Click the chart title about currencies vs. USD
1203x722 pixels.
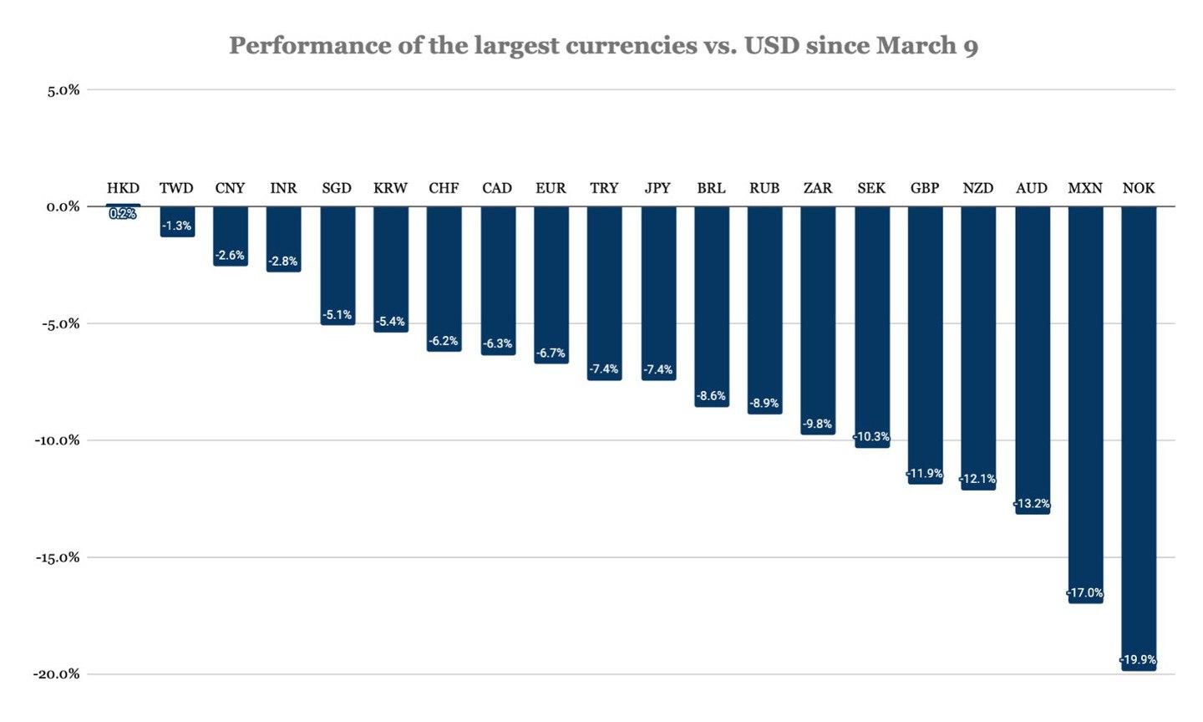(x=603, y=45)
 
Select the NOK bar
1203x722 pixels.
(x=1139, y=435)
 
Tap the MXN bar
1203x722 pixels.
(x=1085, y=401)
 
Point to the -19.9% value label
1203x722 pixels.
(x=1139, y=660)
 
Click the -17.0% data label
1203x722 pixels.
(x=1085, y=593)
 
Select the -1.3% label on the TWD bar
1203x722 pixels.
(x=177, y=226)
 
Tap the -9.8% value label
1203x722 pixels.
(x=818, y=425)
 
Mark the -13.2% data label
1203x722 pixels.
(x=1032, y=504)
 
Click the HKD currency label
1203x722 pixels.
(x=123, y=188)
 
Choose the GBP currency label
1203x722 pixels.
(x=925, y=188)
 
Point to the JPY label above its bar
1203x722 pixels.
(x=657, y=188)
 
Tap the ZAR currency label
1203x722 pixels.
(x=818, y=188)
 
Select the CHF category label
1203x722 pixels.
(x=444, y=188)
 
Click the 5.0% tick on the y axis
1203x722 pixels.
(x=63, y=90)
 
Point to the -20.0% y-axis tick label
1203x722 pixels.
(x=57, y=674)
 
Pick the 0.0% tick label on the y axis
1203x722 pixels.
(x=63, y=206)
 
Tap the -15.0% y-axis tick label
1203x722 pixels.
(x=57, y=557)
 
